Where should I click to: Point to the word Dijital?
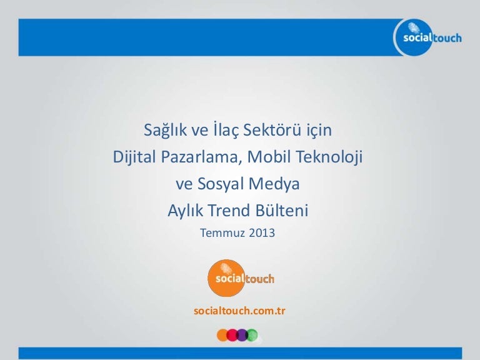pos(135,157)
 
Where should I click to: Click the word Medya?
pos(274,184)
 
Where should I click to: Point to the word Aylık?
pos(185,211)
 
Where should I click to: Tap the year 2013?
pos(262,233)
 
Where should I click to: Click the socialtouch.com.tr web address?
pos(240,311)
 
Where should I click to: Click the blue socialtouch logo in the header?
pos(429,37)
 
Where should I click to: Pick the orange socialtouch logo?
pos(241,278)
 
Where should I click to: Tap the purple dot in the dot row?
pos(242,335)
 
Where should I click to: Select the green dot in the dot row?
pos(252,335)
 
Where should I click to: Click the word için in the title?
pos(319,131)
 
